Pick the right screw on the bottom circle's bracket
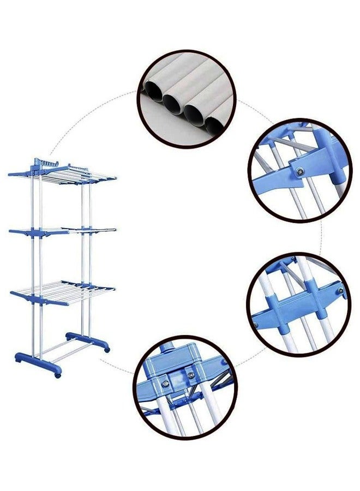tap(190, 375)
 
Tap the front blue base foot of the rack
tap(35, 360)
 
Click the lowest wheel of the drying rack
tap(57, 375)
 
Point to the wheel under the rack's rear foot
tap(107, 349)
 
